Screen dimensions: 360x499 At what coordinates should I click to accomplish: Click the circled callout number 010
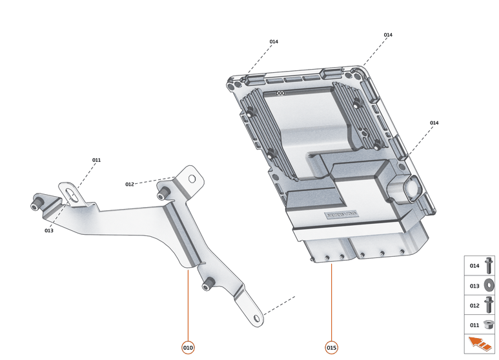click(x=188, y=348)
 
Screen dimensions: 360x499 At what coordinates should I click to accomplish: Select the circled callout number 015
click(x=331, y=348)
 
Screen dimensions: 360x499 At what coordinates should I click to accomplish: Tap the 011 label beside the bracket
click(x=96, y=160)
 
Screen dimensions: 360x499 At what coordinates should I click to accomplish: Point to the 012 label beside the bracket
click(x=130, y=185)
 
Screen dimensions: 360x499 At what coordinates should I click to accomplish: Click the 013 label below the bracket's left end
click(x=49, y=230)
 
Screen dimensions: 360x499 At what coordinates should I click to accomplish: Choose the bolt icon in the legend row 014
click(x=489, y=266)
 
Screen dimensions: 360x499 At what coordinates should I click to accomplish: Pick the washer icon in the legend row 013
click(x=489, y=285)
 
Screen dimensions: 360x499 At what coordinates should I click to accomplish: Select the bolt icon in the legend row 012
click(x=489, y=305)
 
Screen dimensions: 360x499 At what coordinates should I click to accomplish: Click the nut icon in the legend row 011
click(x=489, y=325)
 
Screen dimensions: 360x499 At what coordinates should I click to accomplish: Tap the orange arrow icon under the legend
click(x=479, y=344)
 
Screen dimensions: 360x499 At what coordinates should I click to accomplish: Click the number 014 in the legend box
click(x=474, y=266)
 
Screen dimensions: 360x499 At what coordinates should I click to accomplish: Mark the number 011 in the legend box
click(x=474, y=325)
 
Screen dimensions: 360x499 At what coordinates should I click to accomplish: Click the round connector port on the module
click(x=411, y=189)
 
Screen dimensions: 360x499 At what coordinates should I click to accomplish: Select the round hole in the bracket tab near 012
click(x=190, y=177)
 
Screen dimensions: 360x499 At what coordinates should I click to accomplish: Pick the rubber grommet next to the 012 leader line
click(x=163, y=193)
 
